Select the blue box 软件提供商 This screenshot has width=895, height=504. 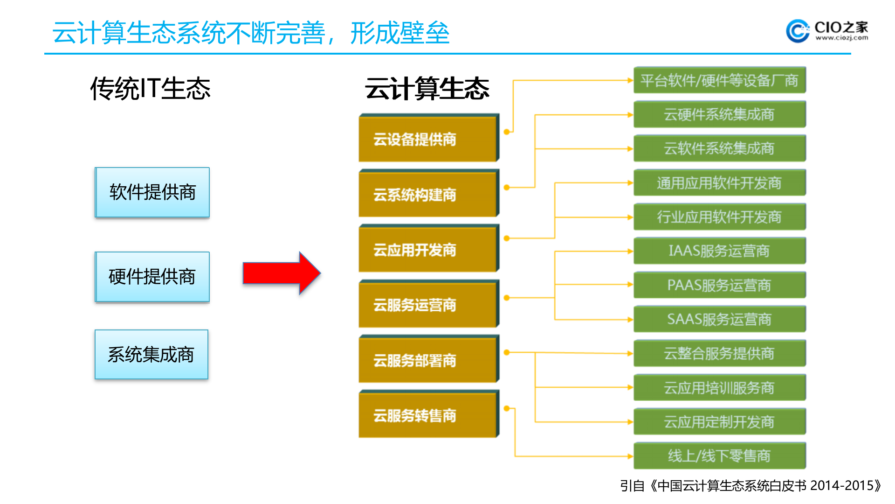(152, 192)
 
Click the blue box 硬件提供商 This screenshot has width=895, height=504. (152, 277)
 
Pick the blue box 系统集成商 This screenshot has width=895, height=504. (151, 355)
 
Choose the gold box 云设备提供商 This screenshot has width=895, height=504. (428, 139)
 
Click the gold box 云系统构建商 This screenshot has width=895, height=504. (428, 194)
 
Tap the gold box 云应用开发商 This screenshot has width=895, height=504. (428, 250)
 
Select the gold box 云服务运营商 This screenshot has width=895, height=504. (428, 305)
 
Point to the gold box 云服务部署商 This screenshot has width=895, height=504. (428, 360)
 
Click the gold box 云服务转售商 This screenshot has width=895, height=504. (428, 415)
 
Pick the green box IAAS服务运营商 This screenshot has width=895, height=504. (719, 251)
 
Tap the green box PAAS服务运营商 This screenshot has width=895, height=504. (719, 285)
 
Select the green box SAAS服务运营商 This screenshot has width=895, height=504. (719, 319)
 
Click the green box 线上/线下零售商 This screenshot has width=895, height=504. (719, 456)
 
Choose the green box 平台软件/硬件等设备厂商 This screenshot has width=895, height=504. (719, 80)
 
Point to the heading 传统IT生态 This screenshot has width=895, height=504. (151, 89)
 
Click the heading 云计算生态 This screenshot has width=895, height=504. (427, 89)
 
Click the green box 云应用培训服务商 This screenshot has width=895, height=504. (719, 388)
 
